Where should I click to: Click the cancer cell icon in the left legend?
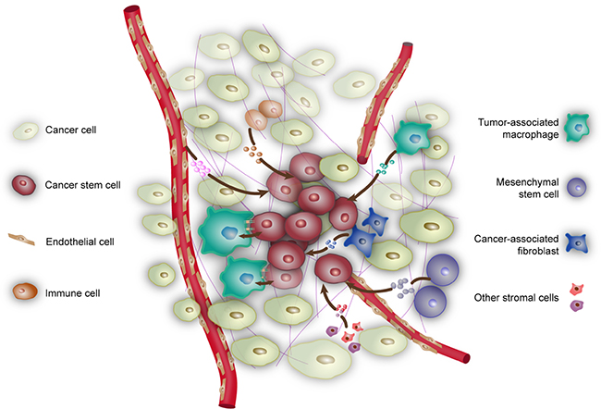click(x=28, y=130)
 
